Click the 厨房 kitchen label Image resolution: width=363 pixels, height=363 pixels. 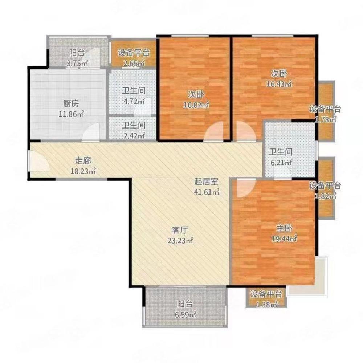tap(71, 103)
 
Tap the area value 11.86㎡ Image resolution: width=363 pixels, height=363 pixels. tap(71, 114)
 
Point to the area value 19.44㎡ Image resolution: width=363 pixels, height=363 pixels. tap(284, 239)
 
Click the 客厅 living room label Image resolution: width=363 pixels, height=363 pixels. tap(180, 230)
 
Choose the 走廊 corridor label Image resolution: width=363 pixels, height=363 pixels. tap(83, 160)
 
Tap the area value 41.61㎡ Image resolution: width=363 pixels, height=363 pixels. tap(207, 192)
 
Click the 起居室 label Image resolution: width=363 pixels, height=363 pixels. tap(206, 182)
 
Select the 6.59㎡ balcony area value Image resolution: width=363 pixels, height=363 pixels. tap(185, 315)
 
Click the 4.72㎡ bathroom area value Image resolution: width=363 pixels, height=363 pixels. tap(134, 101)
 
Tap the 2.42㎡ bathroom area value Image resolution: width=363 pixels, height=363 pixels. tap(134, 136)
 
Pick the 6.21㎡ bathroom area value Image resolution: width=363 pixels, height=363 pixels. tap(281, 163)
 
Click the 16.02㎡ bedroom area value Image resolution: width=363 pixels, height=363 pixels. tap(196, 105)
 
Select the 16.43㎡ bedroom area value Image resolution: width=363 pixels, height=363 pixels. tap(279, 84)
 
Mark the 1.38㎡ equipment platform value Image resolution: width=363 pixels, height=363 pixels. tap(266, 305)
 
